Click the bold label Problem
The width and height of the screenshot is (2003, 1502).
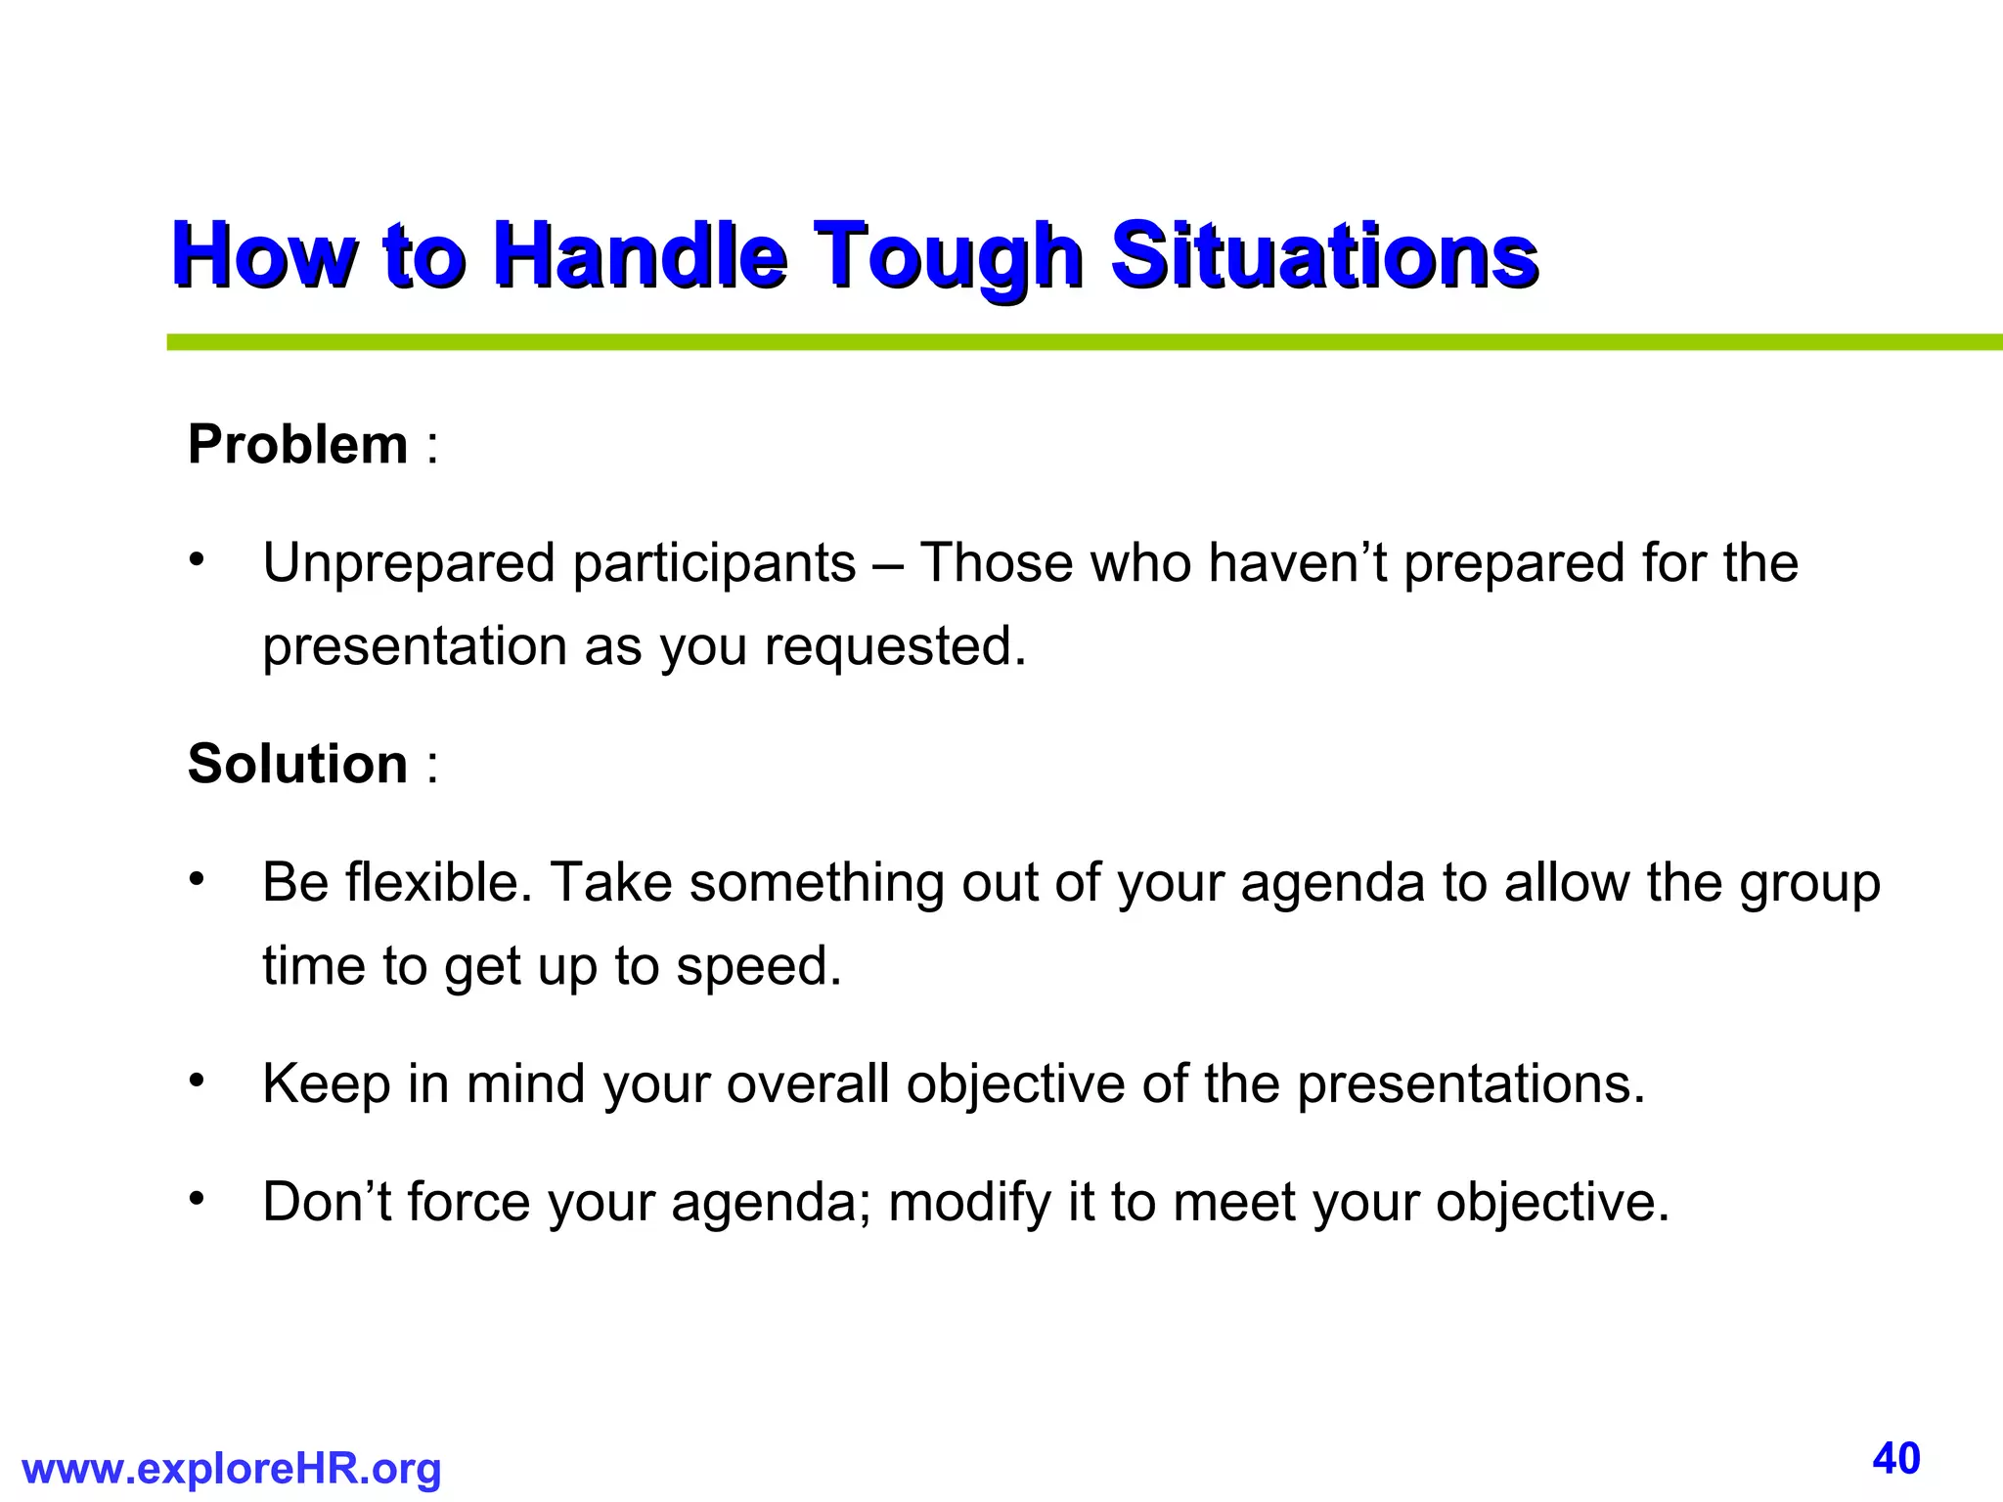tap(297, 445)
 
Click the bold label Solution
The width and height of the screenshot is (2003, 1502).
tap(297, 764)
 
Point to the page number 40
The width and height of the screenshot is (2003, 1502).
tap(1896, 1459)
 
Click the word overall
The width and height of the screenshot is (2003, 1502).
tap(807, 1084)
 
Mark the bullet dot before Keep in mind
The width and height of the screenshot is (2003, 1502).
tap(197, 1081)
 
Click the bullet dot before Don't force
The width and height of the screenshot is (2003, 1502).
tap(197, 1198)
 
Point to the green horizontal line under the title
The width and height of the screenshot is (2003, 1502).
tap(1076, 342)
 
